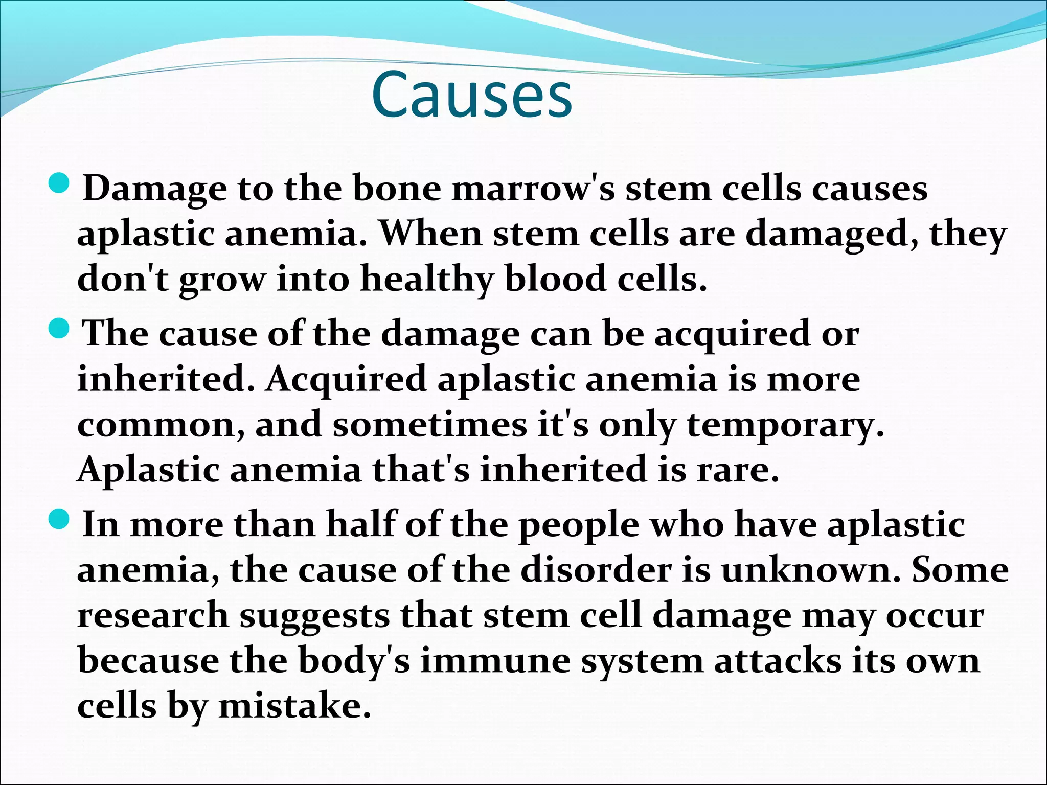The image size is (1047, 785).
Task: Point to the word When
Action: click(430, 234)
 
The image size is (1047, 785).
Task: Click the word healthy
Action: click(426, 280)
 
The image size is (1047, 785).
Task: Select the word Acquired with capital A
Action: click(346, 380)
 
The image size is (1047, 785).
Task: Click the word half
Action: click(361, 525)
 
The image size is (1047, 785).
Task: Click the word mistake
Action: click(294, 706)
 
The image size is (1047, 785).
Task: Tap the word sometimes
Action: click(429, 425)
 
